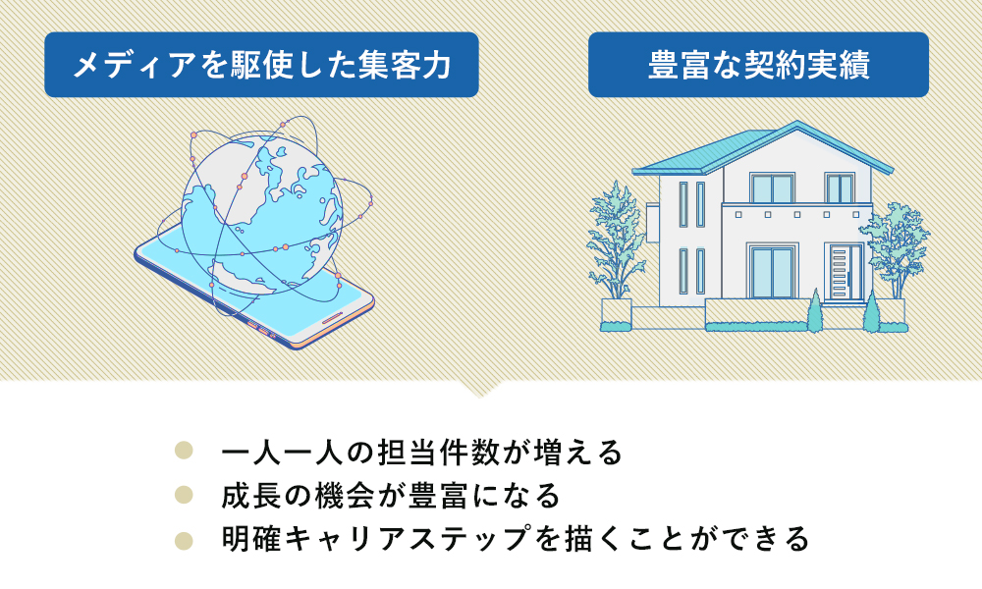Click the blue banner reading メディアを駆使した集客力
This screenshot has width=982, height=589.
262,65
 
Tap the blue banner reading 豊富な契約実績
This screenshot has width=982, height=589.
758,65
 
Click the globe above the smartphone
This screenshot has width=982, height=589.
262,216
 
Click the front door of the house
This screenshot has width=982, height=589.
846,273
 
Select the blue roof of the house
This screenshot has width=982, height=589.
763,149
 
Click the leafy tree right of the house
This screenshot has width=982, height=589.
896,250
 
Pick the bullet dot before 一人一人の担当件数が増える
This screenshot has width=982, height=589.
184,450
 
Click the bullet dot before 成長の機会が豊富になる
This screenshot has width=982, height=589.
184,495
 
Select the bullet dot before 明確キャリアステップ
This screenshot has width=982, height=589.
184,540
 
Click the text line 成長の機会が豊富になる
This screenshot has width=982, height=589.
391,495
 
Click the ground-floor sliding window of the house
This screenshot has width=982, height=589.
772,273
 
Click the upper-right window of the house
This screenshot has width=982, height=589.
840,187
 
